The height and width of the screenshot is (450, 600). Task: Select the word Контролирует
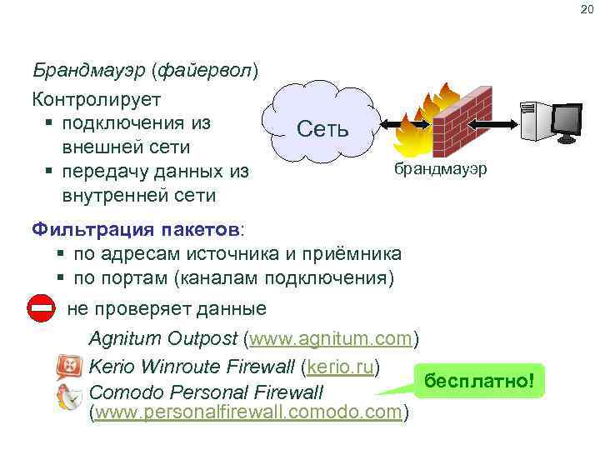97,98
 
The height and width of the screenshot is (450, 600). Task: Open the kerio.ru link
342,366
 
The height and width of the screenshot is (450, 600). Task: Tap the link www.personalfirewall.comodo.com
248,413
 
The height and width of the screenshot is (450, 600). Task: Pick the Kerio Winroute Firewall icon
69,367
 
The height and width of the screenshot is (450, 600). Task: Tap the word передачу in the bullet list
116,172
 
